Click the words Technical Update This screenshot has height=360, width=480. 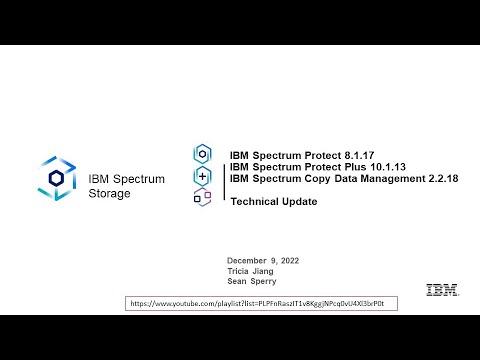pyautogui.click(x=273, y=201)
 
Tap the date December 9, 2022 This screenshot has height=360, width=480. pyautogui.click(x=263, y=260)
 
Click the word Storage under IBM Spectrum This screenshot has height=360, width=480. pyautogui.click(x=109, y=193)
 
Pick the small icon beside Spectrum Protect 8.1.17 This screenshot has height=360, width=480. pyautogui.click(x=203, y=153)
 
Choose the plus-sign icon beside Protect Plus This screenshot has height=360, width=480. pyautogui.click(x=203, y=176)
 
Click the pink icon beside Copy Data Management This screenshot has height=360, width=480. pyautogui.click(x=203, y=197)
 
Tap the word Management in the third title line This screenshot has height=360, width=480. pyautogui.click(x=389, y=179)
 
